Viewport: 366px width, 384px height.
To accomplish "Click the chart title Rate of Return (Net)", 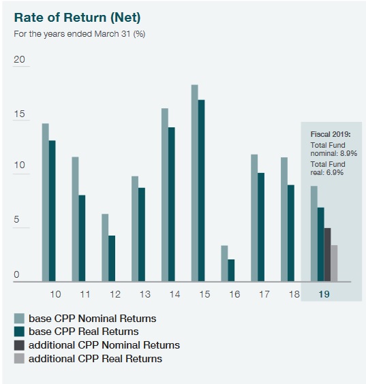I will pos(78,16).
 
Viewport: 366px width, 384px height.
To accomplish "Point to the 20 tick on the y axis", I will pos(19,60).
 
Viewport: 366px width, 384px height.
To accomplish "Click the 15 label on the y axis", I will pos(19,114).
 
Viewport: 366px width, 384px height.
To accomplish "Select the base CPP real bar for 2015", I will pos(201,191).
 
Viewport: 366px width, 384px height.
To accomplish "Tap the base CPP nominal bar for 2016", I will pos(224,263).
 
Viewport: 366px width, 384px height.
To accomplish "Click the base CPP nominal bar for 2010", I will pos(45,202).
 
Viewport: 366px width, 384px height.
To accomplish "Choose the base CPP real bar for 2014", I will pos(171,204).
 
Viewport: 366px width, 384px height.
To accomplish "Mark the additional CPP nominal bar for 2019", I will pos(327,254).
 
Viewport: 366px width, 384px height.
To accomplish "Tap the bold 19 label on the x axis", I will pos(324,294).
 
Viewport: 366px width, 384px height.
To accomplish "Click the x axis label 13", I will pos(144,294).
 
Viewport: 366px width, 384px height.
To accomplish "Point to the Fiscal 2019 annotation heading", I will pos(330,134).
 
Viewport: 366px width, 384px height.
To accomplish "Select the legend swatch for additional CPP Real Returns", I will pos(19,358).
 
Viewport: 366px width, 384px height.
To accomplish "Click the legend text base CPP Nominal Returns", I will pos(92,318).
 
